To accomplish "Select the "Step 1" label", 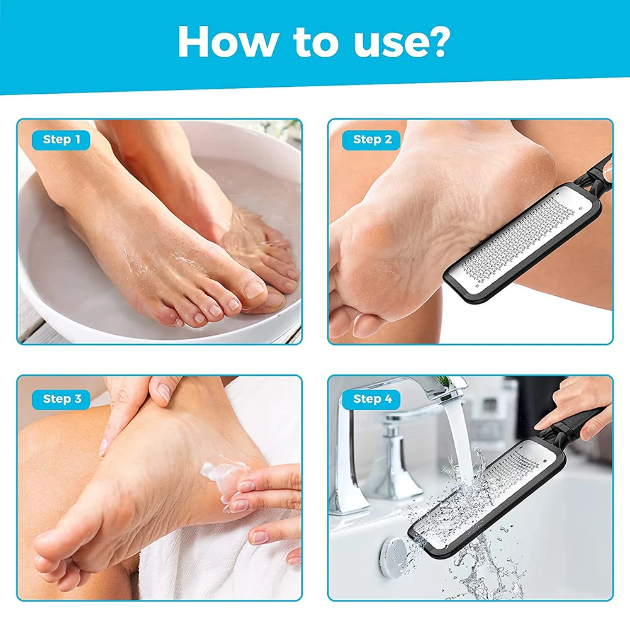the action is pos(61,140).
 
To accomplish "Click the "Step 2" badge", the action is pos(372,140).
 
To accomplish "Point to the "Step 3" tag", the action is pos(61,399).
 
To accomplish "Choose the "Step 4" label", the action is pos(372,399).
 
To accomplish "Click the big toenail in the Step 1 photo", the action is pos(254,290).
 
